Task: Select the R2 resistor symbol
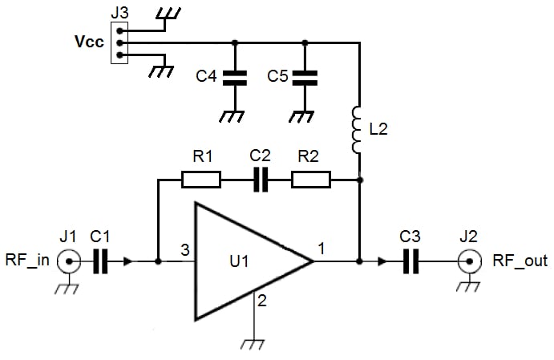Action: (x=310, y=180)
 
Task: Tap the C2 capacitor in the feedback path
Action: (x=261, y=180)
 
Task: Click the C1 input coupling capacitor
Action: (x=100, y=261)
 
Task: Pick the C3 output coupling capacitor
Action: (x=410, y=261)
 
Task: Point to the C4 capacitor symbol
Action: (x=234, y=78)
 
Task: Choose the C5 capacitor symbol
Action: (x=305, y=78)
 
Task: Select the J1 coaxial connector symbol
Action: (x=71, y=261)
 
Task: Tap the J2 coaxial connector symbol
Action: (x=466, y=261)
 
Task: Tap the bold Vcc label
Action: (x=87, y=43)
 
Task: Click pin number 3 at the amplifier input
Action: (x=184, y=250)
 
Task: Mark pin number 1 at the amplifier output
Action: (x=321, y=249)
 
